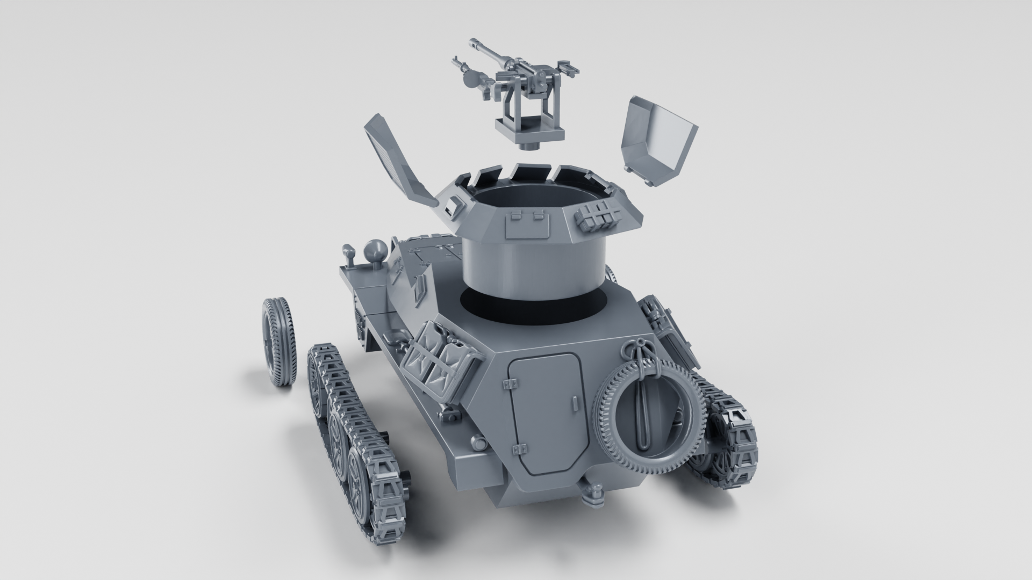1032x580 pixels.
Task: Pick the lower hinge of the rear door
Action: [520, 449]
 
